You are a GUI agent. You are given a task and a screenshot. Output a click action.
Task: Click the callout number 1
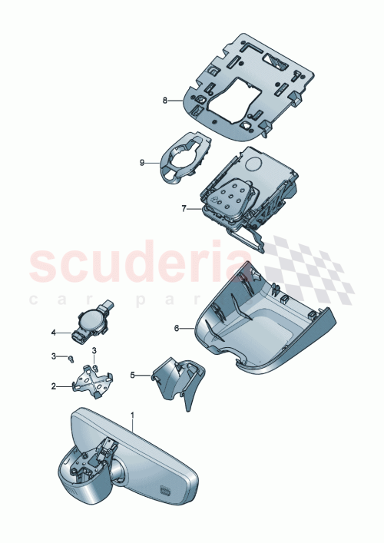[132, 415]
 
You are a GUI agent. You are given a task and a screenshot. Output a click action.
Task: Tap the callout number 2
[54, 387]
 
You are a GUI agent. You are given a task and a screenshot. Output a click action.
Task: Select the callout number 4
[54, 333]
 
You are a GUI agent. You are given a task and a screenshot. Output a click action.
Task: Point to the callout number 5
[132, 376]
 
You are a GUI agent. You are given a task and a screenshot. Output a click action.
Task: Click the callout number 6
[177, 328]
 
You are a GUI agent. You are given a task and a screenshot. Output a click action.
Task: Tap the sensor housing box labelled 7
[246, 192]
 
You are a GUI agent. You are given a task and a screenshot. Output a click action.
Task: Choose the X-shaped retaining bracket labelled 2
[94, 380]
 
